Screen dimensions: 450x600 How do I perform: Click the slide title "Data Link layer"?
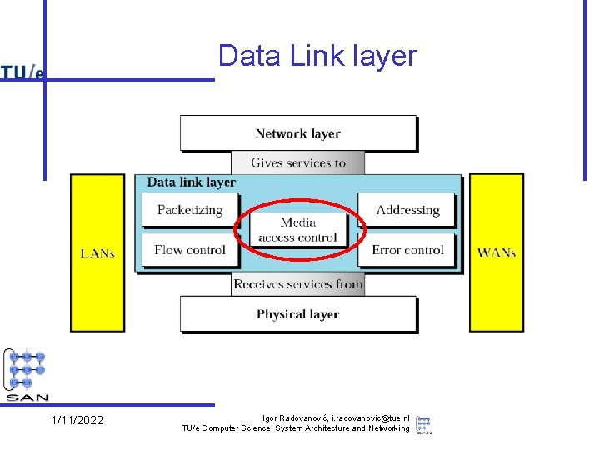point(317,56)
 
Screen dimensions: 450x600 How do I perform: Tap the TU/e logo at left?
point(22,72)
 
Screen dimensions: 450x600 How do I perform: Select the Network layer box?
point(297,133)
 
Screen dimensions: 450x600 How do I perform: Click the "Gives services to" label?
point(297,162)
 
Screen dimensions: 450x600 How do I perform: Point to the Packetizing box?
point(190,210)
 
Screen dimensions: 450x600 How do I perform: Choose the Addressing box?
point(407,210)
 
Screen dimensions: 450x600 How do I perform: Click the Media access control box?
point(297,230)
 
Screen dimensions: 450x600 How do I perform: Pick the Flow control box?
point(190,250)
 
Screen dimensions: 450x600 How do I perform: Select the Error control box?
point(407,250)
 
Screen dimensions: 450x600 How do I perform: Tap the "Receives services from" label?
point(297,284)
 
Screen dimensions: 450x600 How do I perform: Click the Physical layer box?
point(297,314)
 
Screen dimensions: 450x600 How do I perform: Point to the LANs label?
point(97,252)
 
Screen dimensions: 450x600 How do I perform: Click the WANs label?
point(497,252)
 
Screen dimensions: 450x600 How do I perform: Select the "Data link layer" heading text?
point(191,182)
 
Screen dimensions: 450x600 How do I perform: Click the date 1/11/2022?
point(77,421)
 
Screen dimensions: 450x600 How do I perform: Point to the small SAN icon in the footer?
point(424,423)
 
